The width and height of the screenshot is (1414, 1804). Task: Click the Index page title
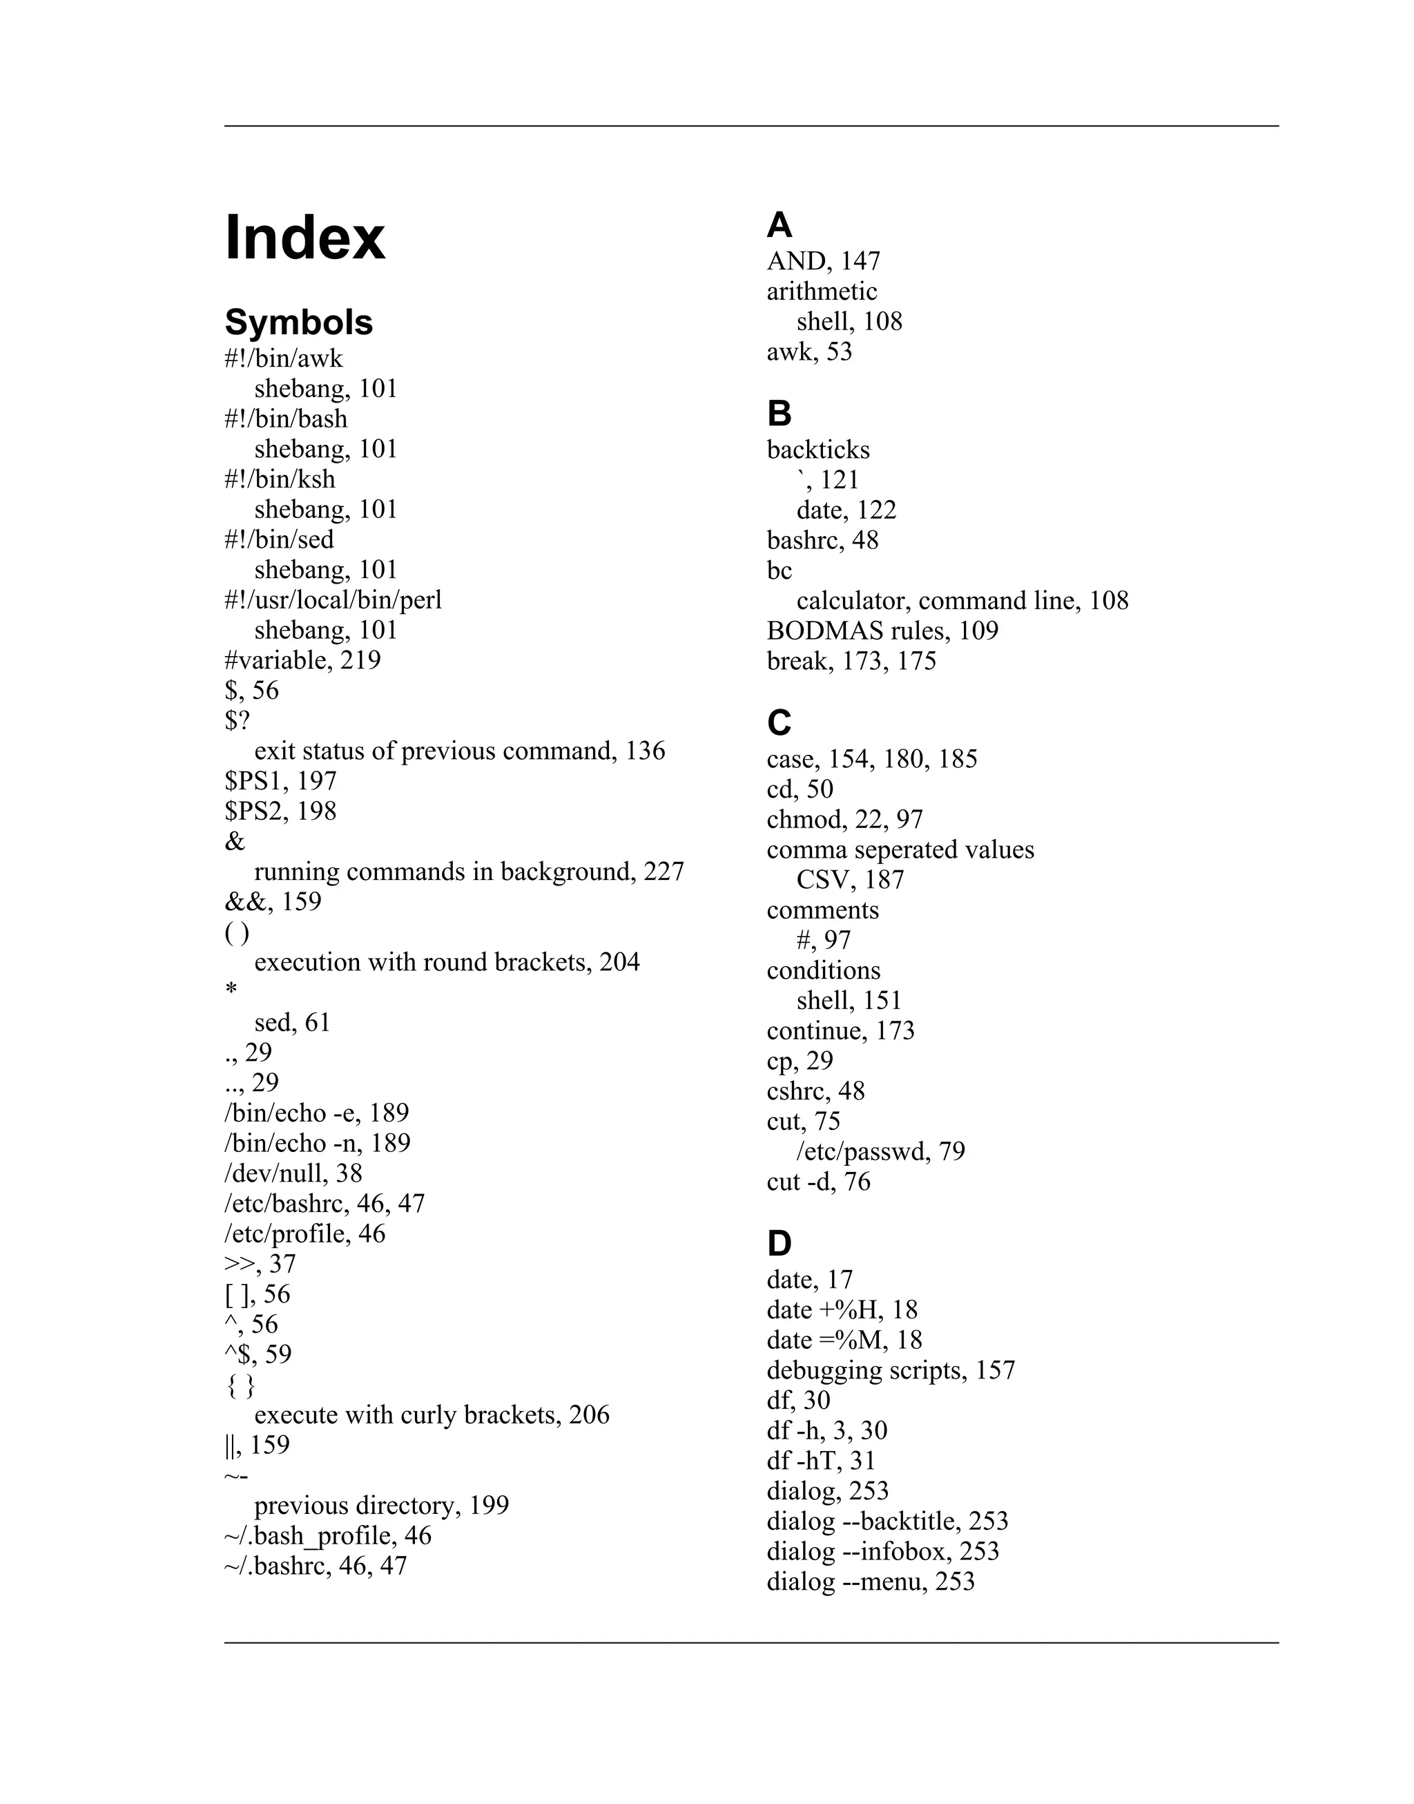tap(304, 238)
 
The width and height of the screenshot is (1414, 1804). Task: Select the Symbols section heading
tap(298, 322)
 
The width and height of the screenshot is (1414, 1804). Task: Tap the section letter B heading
tap(779, 413)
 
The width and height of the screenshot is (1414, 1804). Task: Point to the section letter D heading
tap(779, 1242)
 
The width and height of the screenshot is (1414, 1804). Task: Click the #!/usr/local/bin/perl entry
tap(333, 599)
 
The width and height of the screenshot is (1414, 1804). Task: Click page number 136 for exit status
tap(645, 751)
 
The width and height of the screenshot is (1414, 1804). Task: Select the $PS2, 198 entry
tap(280, 811)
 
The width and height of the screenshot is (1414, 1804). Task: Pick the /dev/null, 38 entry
tap(293, 1173)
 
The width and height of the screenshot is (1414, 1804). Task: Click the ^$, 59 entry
tap(258, 1354)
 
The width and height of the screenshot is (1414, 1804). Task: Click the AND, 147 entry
tap(823, 261)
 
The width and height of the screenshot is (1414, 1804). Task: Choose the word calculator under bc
tap(853, 601)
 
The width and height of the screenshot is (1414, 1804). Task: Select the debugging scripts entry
tap(890, 1371)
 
